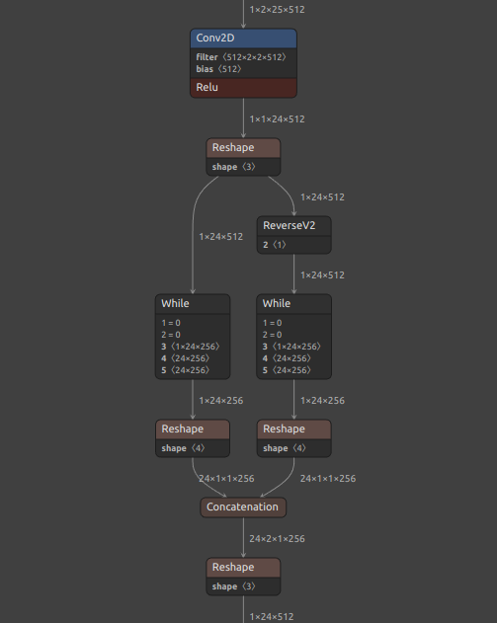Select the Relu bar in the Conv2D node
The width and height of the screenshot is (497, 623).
pyautogui.click(x=243, y=88)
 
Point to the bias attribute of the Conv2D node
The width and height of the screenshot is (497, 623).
pyautogui.click(x=218, y=69)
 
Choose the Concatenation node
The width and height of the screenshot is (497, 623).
pyautogui.click(x=243, y=506)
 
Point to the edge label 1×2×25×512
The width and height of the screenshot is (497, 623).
pyautogui.click(x=277, y=9)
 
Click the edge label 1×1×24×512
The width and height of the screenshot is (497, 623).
pyautogui.click(x=277, y=118)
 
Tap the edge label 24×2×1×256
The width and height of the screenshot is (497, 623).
pyautogui.click(x=277, y=539)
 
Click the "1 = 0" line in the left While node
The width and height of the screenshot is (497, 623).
pyautogui.click(x=173, y=323)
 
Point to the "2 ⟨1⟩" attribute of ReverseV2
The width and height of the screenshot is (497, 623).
pyautogui.click(x=274, y=244)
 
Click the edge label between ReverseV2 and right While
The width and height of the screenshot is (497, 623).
pyautogui.click(x=322, y=274)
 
